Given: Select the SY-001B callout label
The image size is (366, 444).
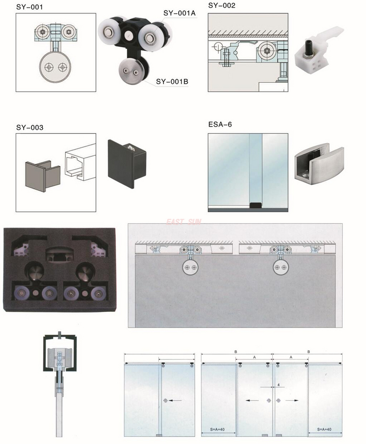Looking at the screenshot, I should tap(172, 82).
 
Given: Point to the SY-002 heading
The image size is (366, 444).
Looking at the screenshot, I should tap(222, 6).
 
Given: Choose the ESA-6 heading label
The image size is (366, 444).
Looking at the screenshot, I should tap(219, 124).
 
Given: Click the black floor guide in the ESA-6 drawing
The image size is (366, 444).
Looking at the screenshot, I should tap(255, 206).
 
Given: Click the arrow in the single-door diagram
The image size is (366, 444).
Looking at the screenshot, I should tap(176, 400).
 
